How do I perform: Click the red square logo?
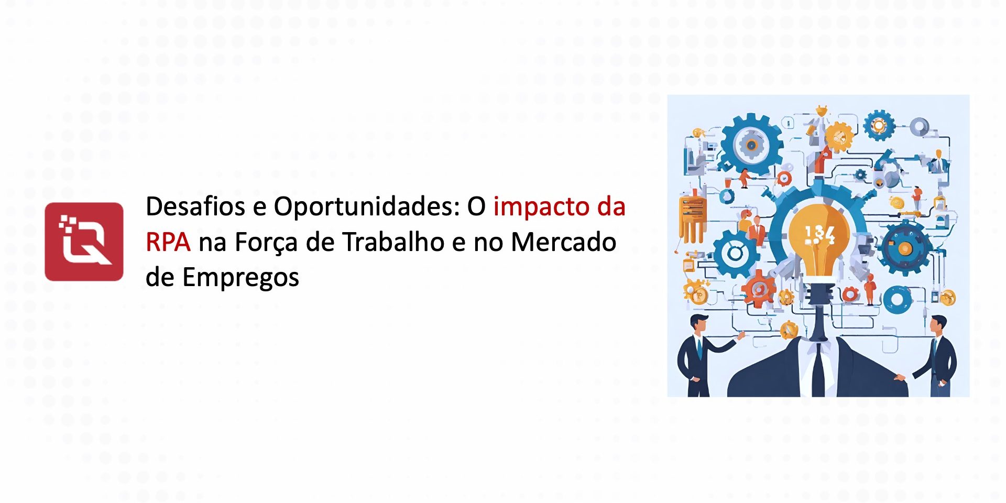pos(84,242)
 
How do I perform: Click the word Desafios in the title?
pos(195,206)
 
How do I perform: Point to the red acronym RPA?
pos(168,242)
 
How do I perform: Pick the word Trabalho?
pos(393,242)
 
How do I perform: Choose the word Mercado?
pos(563,242)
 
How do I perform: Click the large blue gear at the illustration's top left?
pos(751,145)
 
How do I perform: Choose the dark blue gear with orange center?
pos(905,248)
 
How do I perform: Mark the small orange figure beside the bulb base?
pos(870,289)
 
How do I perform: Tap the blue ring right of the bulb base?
pos(898,300)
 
